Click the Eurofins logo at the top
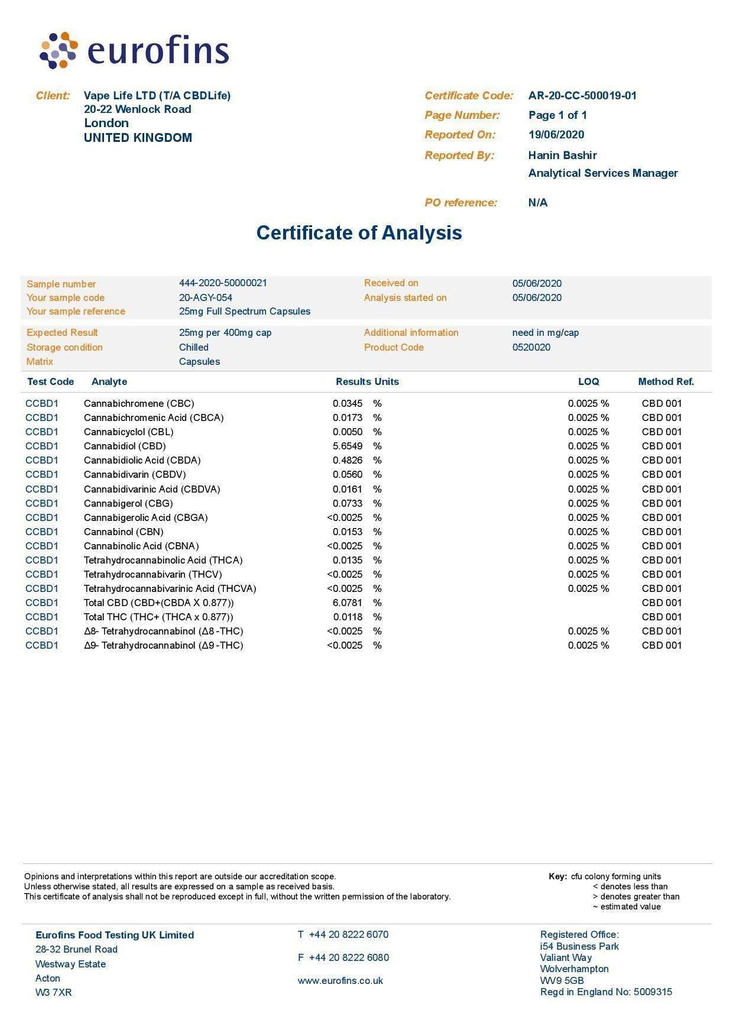[134, 50]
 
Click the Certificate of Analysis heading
[359, 232]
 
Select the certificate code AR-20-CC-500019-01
[582, 96]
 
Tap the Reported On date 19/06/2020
[556, 135]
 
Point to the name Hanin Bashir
[562, 156]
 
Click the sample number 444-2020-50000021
[223, 283]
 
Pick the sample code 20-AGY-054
[206, 298]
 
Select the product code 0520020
[531, 348]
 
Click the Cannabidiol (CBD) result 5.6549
[348, 446]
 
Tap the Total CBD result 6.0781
[348, 603]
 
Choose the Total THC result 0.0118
[348, 617]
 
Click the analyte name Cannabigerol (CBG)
[128, 504]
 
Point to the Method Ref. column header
[666, 382]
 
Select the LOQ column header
[588, 382]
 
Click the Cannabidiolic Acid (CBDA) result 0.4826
[348, 461]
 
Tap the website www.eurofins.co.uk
[340, 981]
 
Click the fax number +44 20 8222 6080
[349, 958]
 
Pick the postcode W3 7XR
[53, 993]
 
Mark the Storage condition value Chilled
[194, 348]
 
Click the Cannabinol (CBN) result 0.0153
[348, 532]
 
